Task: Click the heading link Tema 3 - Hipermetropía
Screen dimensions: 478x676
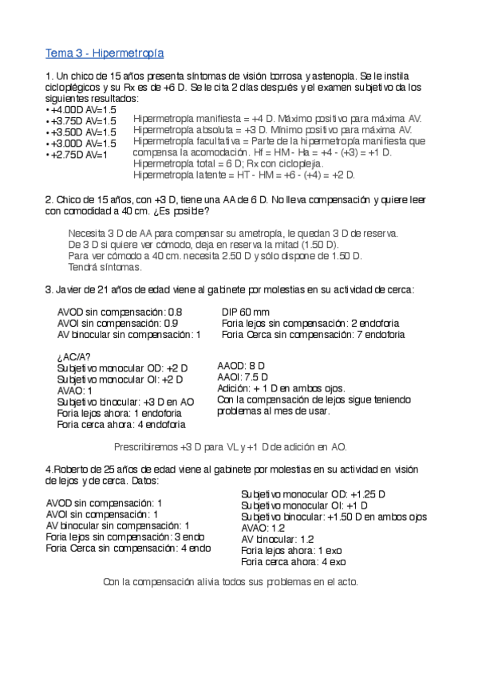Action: coord(105,53)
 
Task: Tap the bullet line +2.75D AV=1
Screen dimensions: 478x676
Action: coord(77,154)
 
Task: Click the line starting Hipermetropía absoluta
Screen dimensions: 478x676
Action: coord(272,129)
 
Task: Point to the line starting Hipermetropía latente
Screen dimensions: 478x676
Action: coord(244,174)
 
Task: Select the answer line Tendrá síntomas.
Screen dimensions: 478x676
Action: coord(105,267)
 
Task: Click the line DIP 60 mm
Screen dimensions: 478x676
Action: coord(245,312)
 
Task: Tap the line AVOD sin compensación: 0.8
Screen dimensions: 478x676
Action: coord(120,312)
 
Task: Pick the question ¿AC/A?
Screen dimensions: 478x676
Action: coord(74,356)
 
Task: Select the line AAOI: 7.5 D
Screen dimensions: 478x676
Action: coord(243,377)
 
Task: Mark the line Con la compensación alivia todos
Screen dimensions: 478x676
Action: coord(231,582)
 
